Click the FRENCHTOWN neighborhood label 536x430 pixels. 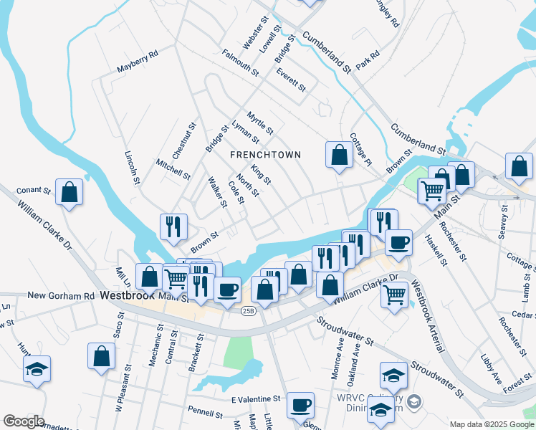tap(265, 155)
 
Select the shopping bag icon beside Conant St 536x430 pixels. tap(69, 192)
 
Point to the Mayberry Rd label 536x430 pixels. tap(137, 62)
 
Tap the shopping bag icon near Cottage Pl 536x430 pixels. tap(339, 155)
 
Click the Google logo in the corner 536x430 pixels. tap(24, 421)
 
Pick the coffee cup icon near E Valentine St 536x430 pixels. tap(300, 405)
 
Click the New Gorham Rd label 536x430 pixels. tap(61, 295)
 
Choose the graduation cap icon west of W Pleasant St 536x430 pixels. tap(37, 369)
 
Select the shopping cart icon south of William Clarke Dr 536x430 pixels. tap(395, 292)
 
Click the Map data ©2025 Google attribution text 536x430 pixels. tap(491, 424)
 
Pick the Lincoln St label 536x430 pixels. tap(131, 168)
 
